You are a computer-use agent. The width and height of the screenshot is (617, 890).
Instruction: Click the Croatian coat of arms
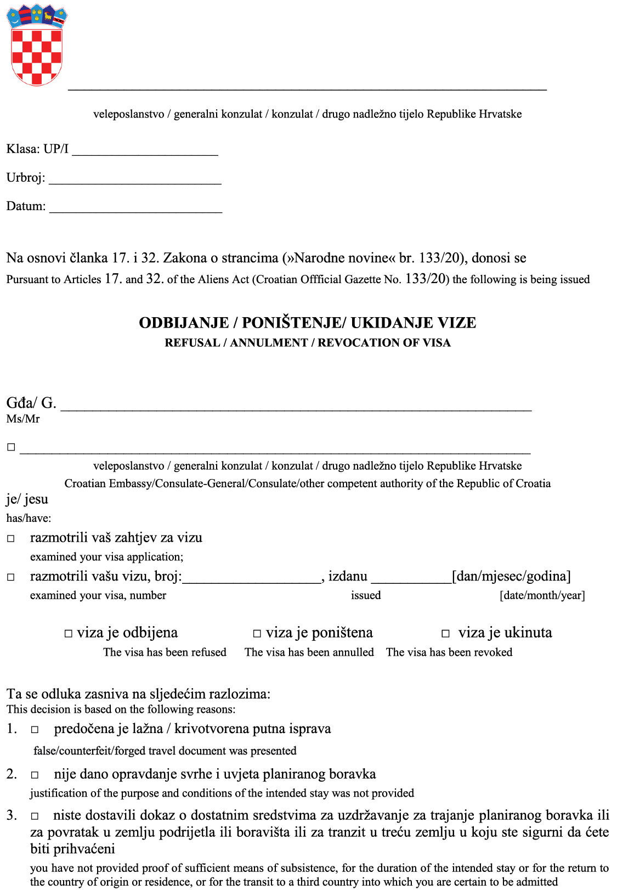coord(36,45)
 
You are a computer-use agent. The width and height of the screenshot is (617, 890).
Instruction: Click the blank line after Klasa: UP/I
coord(145,151)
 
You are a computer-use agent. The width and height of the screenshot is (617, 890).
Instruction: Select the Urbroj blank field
coord(135,180)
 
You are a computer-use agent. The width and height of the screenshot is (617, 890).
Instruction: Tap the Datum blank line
coord(135,209)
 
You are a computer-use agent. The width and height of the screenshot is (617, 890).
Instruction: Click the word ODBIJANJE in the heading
coord(184,323)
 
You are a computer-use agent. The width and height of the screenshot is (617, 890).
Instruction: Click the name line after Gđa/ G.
coord(296,406)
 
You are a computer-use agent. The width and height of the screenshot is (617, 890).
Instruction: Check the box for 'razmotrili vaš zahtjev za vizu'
coord(11,538)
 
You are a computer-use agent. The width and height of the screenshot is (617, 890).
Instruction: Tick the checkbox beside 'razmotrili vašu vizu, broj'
coord(11,577)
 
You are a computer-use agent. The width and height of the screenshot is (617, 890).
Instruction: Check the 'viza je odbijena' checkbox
coord(69,634)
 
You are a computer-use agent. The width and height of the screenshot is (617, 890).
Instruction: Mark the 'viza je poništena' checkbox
coord(257,634)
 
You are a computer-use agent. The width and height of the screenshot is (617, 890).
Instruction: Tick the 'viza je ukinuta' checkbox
coord(446,634)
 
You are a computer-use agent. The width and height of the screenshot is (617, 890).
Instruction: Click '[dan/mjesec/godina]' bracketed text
coord(511,576)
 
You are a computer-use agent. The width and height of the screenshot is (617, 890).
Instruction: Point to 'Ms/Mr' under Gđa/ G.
coord(23,419)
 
